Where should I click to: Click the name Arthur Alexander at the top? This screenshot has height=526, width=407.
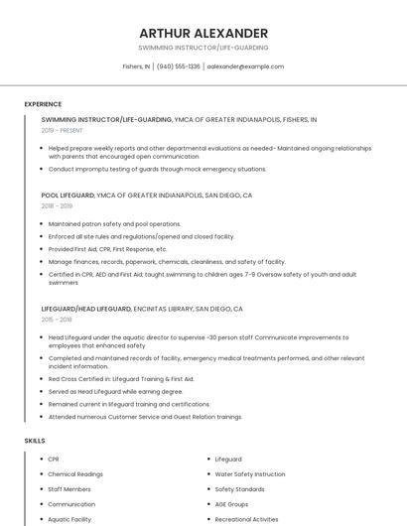click(203, 33)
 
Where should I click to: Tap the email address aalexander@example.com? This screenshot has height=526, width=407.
click(245, 66)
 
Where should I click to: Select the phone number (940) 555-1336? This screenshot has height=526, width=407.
click(179, 66)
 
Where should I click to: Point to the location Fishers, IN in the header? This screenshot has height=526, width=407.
click(136, 66)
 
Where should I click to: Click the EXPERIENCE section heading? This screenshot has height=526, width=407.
click(43, 104)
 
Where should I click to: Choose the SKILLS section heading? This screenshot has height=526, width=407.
click(35, 440)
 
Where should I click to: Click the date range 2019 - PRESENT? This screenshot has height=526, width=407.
click(63, 130)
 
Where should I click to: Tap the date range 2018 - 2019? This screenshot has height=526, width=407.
click(58, 205)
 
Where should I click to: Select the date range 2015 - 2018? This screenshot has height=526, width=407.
click(58, 320)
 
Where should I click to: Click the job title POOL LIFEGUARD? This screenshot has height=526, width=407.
click(68, 196)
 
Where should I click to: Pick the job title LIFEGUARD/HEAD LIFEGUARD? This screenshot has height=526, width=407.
click(86, 309)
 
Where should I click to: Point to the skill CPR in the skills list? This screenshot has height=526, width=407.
click(54, 460)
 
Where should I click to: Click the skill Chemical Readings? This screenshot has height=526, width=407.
click(75, 474)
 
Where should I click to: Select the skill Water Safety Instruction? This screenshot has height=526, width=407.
click(250, 474)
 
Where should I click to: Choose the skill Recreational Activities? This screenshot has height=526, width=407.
click(247, 519)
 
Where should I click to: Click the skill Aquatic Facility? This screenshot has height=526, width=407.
click(69, 519)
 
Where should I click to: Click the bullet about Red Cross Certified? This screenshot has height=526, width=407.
click(121, 378)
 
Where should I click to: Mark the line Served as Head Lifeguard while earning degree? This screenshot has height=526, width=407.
click(115, 391)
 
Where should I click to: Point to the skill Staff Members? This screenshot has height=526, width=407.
click(69, 489)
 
